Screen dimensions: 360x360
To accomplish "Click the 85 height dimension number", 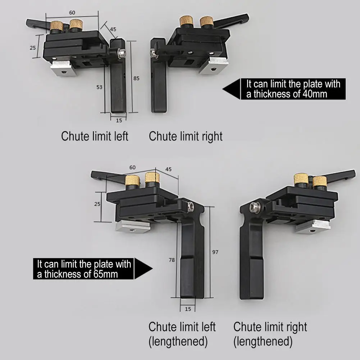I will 136,78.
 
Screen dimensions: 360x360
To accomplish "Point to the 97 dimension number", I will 215,252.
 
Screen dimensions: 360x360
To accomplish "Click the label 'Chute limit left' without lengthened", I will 95,137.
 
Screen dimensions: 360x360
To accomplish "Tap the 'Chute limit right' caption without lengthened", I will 186,137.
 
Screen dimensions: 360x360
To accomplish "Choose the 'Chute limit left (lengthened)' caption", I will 182,334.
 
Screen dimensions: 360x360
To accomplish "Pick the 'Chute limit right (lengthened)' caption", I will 270,334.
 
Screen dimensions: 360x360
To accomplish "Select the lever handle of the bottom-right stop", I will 340,176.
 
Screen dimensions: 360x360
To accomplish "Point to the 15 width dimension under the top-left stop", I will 119,120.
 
